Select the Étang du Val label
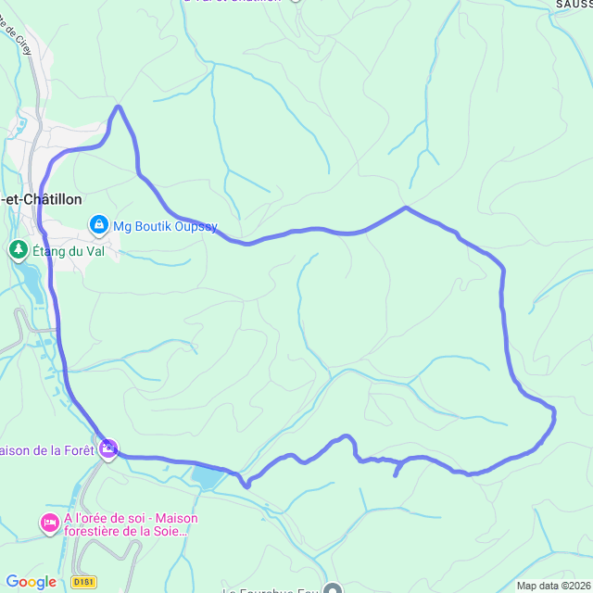[x=68, y=250]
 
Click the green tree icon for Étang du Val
[x=18, y=250]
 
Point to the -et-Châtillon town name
[x=41, y=199]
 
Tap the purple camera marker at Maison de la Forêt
[x=109, y=449]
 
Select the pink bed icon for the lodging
[x=49, y=524]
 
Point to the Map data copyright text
[x=553, y=586]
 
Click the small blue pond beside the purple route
[x=208, y=478]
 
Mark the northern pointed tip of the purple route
[x=119, y=107]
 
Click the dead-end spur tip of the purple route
[x=396, y=475]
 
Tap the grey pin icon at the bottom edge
[x=333, y=588]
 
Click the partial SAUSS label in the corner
[x=574, y=4]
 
